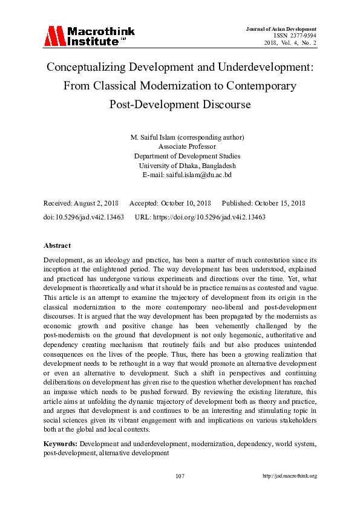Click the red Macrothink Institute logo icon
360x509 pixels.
click(x=53, y=36)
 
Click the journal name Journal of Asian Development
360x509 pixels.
click(x=281, y=29)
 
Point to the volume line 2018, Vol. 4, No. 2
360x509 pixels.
click(x=290, y=43)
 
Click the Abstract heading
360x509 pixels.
click(x=57, y=245)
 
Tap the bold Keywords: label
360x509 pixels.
click(x=61, y=444)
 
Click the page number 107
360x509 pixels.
click(x=180, y=476)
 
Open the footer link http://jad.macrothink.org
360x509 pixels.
click(x=289, y=476)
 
